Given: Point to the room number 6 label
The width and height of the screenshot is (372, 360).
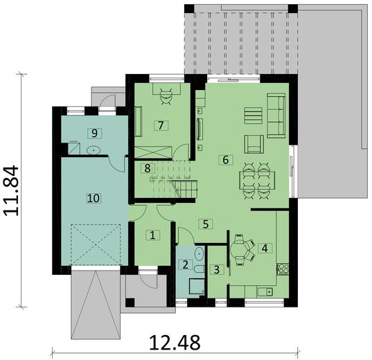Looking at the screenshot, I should pyautogui.click(x=224, y=159).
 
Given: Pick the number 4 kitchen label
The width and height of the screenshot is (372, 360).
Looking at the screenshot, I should pyautogui.click(x=265, y=247).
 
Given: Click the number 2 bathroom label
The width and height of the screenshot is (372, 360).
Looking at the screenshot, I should pyautogui.click(x=184, y=264).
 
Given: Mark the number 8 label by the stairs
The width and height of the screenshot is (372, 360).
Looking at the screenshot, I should pyautogui.click(x=147, y=168).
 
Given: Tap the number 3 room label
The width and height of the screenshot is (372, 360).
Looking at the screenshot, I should pyautogui.click(x=217, y=269).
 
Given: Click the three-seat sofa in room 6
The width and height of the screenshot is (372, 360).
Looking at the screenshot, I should pyautogui.click(x=277, y=116).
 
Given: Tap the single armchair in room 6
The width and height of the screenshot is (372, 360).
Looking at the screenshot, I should pyautogui.click(x=254, y=144).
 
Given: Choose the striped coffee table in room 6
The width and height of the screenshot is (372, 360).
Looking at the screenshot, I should pyautogui.click(x=253, y=116).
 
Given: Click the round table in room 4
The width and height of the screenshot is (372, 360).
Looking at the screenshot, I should pyautogui.click(x=239, y=248).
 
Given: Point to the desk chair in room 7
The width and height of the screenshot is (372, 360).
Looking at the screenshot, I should pyautogui.click(x=167, y=98).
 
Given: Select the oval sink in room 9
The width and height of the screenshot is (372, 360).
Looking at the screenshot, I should pyautogui.click(x=93, y=150).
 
